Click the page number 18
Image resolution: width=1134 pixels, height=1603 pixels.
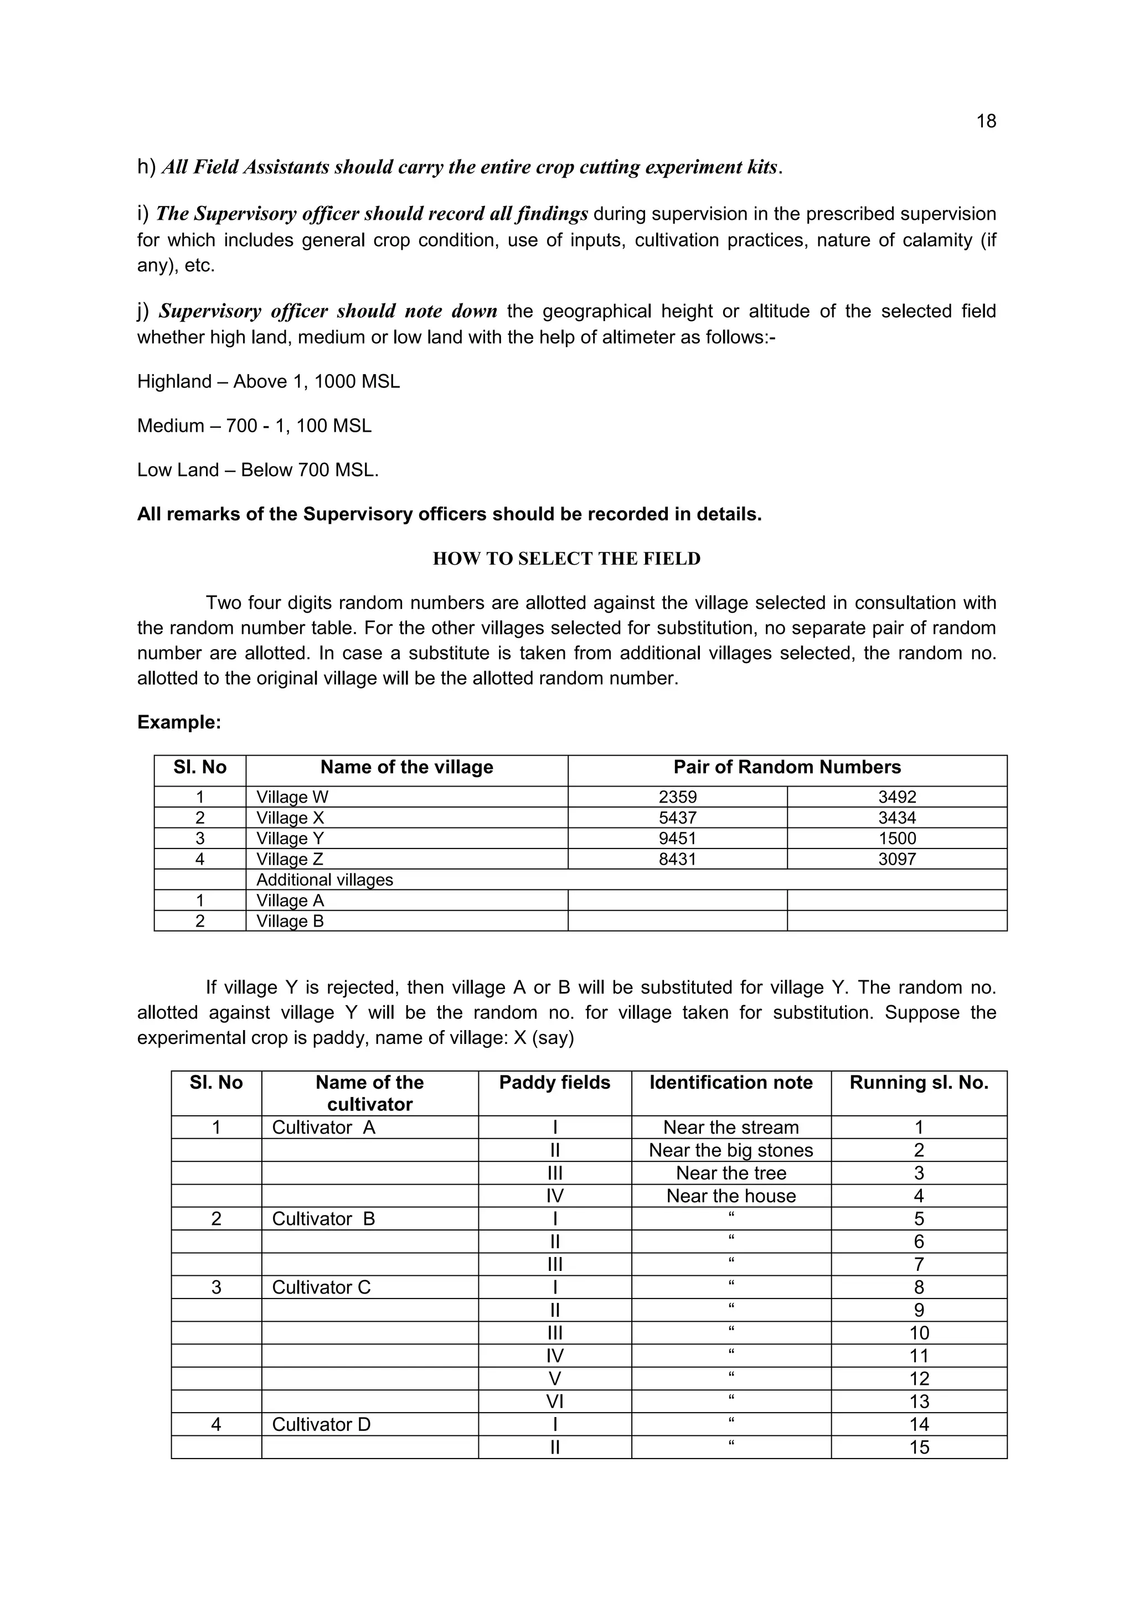point(985,121)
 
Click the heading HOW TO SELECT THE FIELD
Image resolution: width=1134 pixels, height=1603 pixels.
point(566,559)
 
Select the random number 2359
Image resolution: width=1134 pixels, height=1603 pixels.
point(677,797)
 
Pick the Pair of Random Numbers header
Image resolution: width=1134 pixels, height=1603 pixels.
point(787,767)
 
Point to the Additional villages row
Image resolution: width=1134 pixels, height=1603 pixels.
point(324,880)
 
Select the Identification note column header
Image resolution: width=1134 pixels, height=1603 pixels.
point(731,1083)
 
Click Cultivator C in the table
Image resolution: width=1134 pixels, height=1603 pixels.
point(321,1287)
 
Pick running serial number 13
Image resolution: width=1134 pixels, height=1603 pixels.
point(919,1401)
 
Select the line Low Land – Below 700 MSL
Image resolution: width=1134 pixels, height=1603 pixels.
point(257,470)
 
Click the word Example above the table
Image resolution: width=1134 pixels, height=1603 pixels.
point(179,722)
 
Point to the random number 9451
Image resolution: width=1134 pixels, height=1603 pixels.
point(677,839)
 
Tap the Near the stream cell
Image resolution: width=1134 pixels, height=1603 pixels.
point(731,1128)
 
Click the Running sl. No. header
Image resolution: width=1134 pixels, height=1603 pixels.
point(919,1083)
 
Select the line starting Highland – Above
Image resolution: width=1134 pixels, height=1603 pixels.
point(268,382)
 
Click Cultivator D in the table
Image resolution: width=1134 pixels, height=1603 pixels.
point(321,1424)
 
